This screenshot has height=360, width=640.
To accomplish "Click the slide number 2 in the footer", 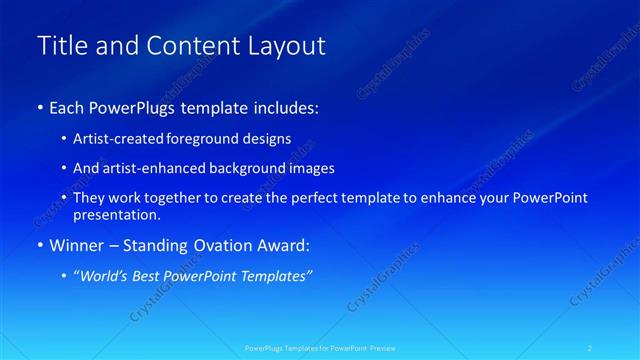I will [x=591, y=348].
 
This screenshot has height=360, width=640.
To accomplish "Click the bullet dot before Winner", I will [x=40, y=246].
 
